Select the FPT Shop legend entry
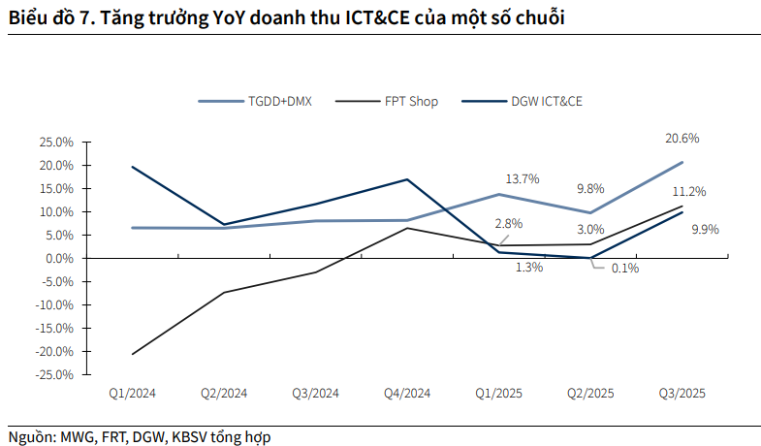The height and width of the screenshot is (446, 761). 411,101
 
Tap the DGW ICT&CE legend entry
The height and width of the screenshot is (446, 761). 546,101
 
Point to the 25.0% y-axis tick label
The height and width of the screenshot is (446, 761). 56,142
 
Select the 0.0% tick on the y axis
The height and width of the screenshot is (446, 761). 59,258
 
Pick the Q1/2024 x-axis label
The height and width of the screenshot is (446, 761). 132,394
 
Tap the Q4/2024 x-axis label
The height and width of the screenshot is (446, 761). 407,394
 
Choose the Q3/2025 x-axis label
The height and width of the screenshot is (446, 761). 682,394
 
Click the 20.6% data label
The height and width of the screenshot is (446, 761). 682,139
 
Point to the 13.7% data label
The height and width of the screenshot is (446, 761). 523,179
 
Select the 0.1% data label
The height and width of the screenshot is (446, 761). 624,269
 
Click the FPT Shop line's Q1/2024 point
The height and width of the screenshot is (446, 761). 132,354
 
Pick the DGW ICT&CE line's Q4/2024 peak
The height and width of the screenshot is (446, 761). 407,179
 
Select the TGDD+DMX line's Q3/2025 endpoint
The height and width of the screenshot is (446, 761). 682,162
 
